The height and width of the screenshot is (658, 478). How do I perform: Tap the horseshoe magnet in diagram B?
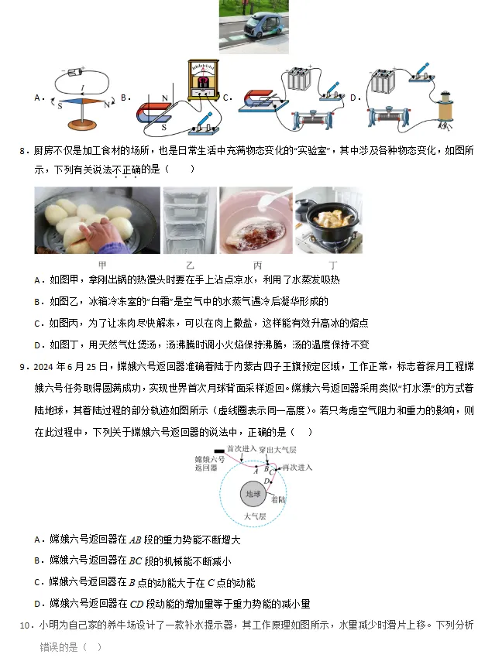155,113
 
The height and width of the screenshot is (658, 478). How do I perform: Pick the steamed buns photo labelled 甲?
97,220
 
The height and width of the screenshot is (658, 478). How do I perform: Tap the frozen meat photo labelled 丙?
256,220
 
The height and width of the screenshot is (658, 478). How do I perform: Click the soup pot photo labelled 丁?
328,220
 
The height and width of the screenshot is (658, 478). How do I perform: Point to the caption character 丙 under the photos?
256,265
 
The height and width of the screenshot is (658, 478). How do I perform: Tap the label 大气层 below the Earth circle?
254,515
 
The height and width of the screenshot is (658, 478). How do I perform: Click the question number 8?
24,151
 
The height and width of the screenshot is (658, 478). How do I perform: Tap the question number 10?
25,625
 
